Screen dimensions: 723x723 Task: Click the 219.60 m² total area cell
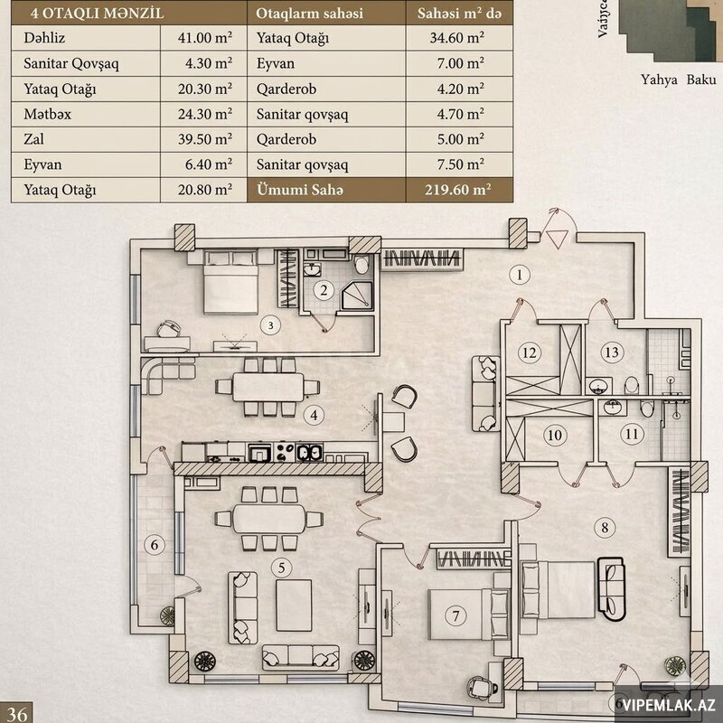pos(458,190)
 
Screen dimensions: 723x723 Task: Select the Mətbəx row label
pos(48,114)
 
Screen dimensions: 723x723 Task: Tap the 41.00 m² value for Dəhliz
pos(205,38)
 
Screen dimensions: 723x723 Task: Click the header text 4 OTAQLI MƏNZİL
pos(98,13)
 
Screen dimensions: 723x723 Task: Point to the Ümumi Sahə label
pos(300,190)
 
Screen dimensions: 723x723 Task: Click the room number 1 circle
pos(520,275)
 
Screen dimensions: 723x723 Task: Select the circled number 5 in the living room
pos(281,568)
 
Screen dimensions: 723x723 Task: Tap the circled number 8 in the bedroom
pos(605,527)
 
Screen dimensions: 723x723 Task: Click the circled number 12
pos(530,352)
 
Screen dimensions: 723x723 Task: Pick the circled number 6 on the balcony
pos(155,545)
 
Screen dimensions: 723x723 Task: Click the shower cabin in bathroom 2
pos(356,296)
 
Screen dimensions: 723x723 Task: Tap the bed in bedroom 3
pos(230,282)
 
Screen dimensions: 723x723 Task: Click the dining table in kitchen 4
pos(268,387)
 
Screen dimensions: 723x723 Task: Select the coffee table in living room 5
pos(295,605)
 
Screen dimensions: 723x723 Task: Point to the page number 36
pos(17,714)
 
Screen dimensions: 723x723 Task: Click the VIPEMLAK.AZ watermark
pos(669,705)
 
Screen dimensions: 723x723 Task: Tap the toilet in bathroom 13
pos(632,385)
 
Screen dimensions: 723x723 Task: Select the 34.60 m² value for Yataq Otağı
pos(457,38)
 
